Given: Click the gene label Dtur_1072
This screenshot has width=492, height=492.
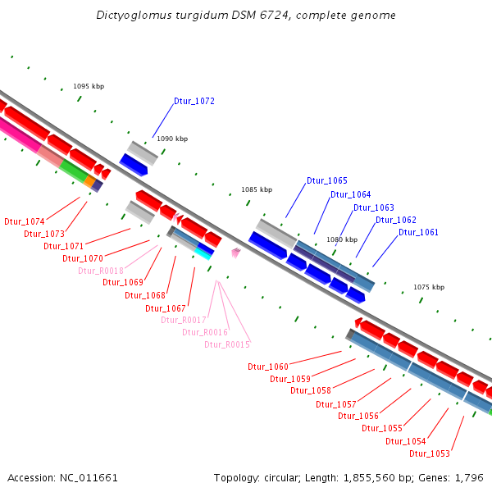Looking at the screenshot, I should (x=194, y=102).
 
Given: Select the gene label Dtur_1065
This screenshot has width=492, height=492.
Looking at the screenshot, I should (x=327, y=180).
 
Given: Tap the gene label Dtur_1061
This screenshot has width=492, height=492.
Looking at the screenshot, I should (x=418, y=233).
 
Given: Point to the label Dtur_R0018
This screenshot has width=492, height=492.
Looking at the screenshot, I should (x=101, y=271).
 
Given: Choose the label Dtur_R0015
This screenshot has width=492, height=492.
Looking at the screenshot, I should (x=227, y=344).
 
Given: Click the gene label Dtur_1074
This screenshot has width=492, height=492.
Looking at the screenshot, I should (x=25, y=222).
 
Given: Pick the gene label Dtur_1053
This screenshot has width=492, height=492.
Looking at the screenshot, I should (x=430, y=453).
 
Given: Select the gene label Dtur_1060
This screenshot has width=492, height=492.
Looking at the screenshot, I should (x=268, y=367).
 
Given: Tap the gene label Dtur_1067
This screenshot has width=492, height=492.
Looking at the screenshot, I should (x=166, y=308).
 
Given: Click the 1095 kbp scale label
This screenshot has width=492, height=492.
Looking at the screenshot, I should (x=89, y=86).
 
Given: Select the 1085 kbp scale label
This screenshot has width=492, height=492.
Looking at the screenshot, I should (x=256, y=189).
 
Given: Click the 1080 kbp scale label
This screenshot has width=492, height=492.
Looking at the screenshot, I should (x=342, y=239).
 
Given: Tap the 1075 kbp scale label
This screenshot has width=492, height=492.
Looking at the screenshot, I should (x=429, y=287).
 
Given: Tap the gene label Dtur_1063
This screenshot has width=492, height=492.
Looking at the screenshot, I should (x=374, y=207).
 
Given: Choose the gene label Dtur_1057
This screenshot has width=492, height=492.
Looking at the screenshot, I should (x=336, y=404).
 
